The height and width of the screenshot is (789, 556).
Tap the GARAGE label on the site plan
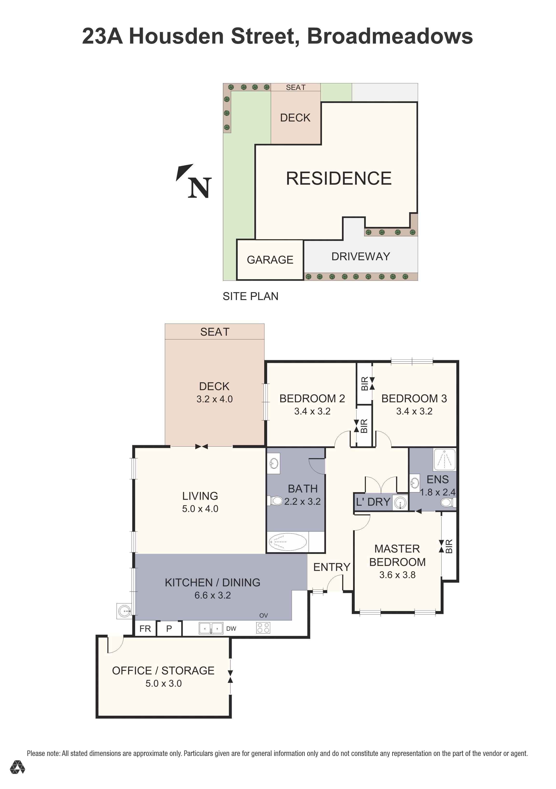coord(270,260)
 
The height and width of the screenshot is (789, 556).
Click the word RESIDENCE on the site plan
coord(339,178)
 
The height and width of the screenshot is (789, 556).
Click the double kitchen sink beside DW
coord(211,628)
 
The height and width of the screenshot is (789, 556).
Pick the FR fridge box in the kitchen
coord(145,628)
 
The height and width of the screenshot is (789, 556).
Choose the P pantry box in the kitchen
coord(169,628)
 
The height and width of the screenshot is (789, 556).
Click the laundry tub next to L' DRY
coord(400,503)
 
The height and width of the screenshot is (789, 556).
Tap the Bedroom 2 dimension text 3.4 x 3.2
coord(312,411)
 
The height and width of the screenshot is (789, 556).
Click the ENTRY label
coord(332,567)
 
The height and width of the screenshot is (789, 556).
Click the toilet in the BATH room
coord(276,500)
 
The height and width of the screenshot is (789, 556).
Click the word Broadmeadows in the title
coord(389,36)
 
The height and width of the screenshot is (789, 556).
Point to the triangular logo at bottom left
coord(17,777)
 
